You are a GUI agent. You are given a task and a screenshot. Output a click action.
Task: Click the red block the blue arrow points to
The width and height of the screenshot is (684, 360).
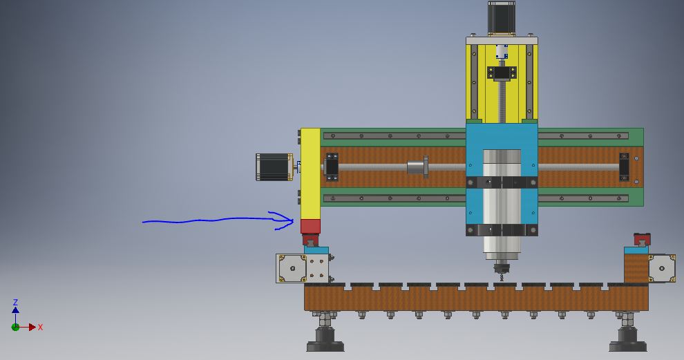[x=310, y=226]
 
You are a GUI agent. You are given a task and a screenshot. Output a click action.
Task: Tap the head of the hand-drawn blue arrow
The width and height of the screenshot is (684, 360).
[x=293, y=221]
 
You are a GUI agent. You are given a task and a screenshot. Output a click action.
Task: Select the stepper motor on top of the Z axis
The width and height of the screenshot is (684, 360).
[x=501, y=17]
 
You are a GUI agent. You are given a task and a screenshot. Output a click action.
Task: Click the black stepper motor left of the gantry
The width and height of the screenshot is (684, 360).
[x=274, y=167]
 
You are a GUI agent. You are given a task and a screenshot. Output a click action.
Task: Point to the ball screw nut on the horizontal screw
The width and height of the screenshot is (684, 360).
[x=417, y=167]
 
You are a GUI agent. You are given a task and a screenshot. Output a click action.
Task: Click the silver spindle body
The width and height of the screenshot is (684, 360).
[x=502, y=205]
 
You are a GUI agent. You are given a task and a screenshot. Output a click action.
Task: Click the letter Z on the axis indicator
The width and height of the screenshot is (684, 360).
[x=15, y=302]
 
